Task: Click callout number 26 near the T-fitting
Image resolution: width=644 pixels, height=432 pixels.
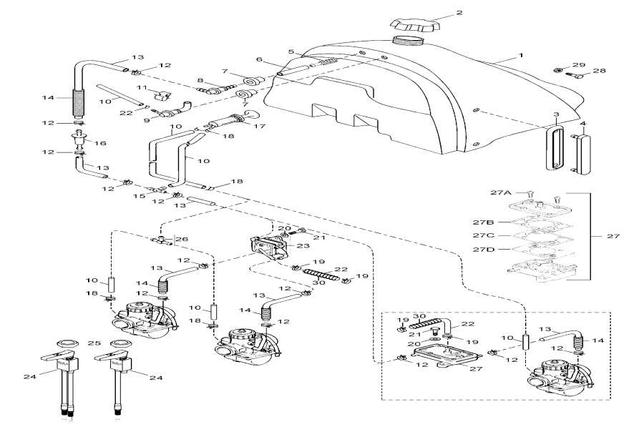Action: (x=182, y=239)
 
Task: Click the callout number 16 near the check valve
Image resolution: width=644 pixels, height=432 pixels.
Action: (x=101, y=143)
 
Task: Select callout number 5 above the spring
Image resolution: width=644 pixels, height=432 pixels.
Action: (x=291, y=51)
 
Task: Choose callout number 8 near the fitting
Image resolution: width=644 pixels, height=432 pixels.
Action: (x=201, y=80)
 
